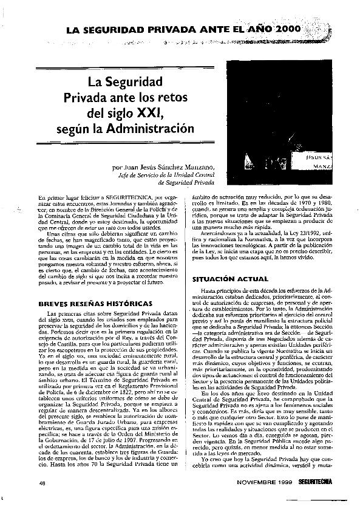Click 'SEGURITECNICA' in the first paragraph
point(122,198)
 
